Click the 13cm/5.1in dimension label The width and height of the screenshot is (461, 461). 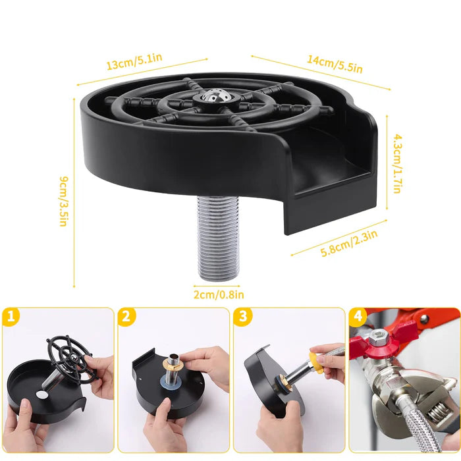pos(134,61)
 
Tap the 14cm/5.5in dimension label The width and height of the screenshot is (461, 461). pos(335,63)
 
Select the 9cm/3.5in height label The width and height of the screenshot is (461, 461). pos(64,202)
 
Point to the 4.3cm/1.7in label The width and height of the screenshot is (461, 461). pos(397,163)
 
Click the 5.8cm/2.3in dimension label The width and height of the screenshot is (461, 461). pos(349,244)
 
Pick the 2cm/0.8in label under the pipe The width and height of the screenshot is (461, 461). pos(219,294)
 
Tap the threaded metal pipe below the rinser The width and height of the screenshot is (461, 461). pos(217,238)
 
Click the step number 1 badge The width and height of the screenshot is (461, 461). pos(11,317)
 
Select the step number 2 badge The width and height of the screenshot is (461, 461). pos(126,317)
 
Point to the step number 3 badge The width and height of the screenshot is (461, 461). pos(242,317)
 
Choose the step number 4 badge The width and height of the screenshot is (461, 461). pos(358,317)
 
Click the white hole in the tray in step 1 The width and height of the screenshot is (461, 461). pos(41,395)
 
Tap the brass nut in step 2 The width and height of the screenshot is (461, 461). pos(173,364)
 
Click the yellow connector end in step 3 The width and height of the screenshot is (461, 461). pos(317,363)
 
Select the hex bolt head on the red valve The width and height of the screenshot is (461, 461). pos(377,337)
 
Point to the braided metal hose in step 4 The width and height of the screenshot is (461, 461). pos(418,426)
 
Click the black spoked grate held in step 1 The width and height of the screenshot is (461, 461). pos(71,360)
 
